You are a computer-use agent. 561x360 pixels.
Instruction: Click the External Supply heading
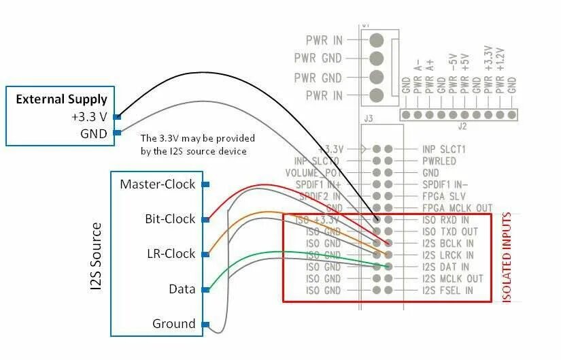tap(61, 99)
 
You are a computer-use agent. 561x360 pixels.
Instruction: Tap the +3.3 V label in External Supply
tap(89, 116)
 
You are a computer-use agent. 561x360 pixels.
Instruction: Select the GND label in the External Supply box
tap(94, 133)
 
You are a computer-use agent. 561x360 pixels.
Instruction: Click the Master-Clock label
tap(157, 184)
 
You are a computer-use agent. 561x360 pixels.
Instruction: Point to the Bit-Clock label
tap(170, 219)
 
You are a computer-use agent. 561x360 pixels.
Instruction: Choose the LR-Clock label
tap(171, 254)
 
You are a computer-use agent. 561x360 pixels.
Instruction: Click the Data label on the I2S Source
tap(182, 289)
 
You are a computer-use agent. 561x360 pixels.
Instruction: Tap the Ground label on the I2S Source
tap(174, 324)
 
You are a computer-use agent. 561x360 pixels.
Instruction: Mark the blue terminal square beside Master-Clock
tap(205, 184)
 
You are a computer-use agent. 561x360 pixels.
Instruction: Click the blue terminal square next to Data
tap(205, 289)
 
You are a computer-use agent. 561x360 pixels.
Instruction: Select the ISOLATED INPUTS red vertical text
tap(506, 257)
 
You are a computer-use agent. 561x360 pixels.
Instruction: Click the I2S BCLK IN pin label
tap(448, 243)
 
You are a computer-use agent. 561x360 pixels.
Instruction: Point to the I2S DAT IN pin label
tap(446, 267)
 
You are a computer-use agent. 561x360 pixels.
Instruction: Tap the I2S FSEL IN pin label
tap(447, 291)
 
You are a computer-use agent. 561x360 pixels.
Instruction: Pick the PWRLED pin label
tap(439, 161)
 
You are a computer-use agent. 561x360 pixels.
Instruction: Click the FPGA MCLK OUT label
tap(457, 208)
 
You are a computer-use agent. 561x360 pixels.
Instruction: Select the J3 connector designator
tap(369, 118)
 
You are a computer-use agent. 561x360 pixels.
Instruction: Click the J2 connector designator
tap(462, 125)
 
